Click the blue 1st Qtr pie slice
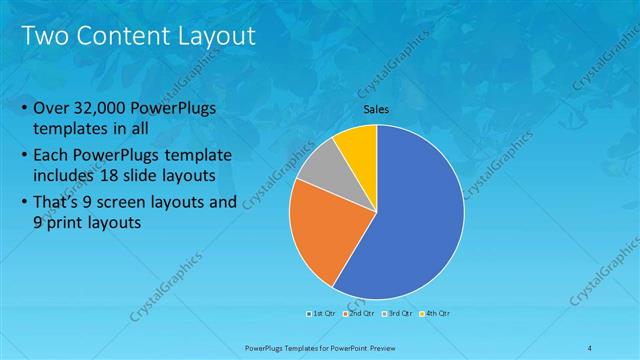415,220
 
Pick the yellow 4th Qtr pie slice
357,145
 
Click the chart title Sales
376,110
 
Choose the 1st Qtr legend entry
321,314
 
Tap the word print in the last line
66,223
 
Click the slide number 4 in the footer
590,347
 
